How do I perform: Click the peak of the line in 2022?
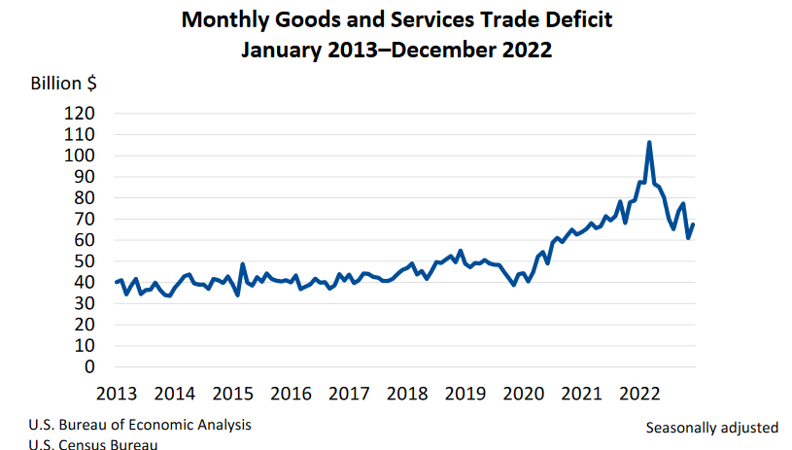point(649,143)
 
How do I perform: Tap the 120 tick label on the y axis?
point(80,114)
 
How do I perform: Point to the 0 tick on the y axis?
point(88,367)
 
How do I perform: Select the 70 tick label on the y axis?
point(80,220)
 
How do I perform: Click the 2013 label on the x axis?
point(116,394)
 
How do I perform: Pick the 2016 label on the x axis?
point(291,394)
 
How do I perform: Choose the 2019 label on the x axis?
point(465,394)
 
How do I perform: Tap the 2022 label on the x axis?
point(640,394)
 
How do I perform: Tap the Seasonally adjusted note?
point(711,427)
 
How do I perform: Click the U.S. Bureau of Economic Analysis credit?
point(140,425)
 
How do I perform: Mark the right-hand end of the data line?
point(693,225)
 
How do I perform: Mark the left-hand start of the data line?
point(116,283)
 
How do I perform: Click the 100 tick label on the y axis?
point(80,156)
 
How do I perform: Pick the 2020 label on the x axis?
point(524,394)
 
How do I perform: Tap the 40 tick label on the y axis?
point(80,283)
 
